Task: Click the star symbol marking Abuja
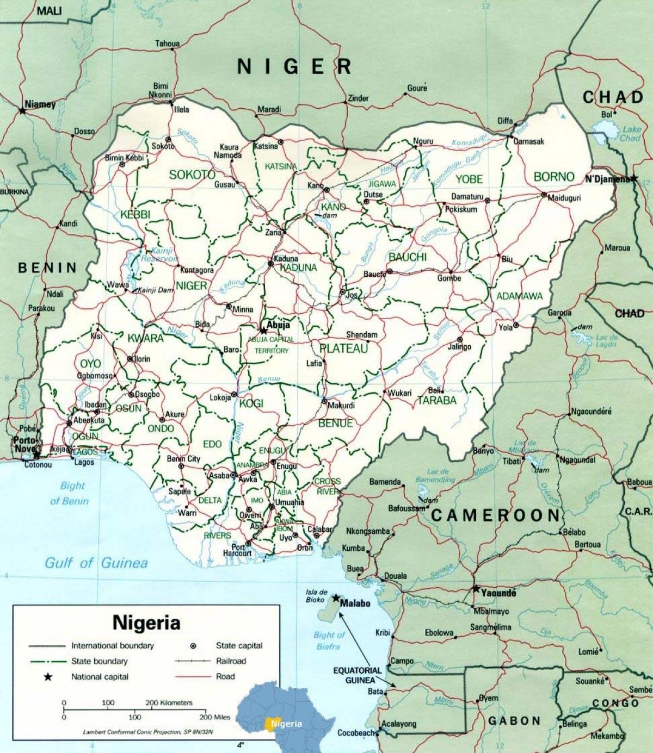(264, 331)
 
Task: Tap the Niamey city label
(40, 104)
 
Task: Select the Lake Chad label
(631, 133)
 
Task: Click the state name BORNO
(554, 177)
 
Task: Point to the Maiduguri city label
(564, 198)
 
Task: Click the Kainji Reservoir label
(158, 255)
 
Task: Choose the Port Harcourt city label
(238, 550)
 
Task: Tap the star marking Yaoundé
(476, 589)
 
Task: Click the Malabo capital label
(355, 603)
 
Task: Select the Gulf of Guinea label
(96, 563)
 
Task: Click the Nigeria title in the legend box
(146, 623)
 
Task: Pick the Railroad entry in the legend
(231, 661)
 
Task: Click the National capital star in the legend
(48, 677)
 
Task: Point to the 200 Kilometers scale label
(169, 702)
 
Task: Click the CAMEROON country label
(495, 515)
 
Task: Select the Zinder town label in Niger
(358, 98)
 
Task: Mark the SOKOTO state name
(192, 175)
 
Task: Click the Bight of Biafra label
(329, 640)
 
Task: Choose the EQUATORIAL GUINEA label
(358, 675)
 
